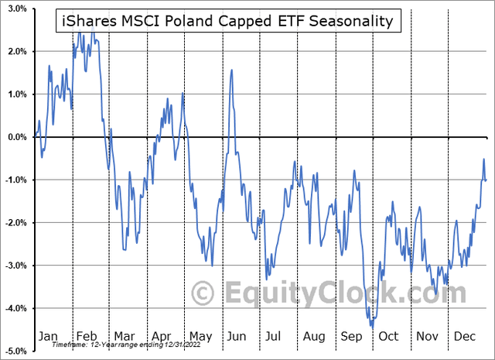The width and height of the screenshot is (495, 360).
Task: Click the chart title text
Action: coord(230,21)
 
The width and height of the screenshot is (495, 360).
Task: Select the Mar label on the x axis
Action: coord(125,336)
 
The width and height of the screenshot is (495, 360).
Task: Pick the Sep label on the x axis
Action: coord(352,336)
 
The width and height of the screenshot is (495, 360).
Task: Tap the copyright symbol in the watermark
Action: coord(203,295)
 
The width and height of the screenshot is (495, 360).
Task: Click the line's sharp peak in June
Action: coord(232,70)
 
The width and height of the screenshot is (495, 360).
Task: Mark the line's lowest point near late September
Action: coord(373,327)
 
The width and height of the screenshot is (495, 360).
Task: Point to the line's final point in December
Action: coord(486,180)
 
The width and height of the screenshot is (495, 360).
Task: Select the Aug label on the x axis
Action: coord(315,336)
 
